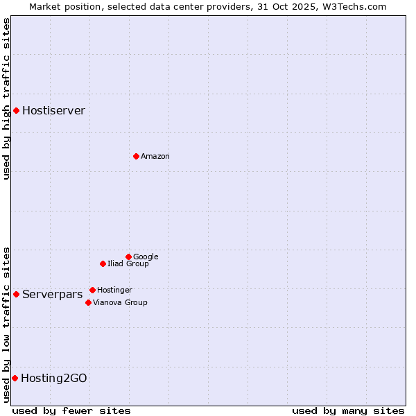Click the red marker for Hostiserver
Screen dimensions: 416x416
pos(16,110)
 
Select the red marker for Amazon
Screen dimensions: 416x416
pos(136,156)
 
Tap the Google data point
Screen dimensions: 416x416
pos(128,257)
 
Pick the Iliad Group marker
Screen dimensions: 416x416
pos(103,263)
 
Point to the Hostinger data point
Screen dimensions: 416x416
pos(92,290)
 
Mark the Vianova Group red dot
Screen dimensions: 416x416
pos(88,302)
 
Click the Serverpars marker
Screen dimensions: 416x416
pos(16,294)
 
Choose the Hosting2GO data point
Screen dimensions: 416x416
pos(15,378)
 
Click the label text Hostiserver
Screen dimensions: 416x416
pos(53,110)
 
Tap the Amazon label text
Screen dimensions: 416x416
pos(155,156)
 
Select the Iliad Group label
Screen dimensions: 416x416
pos(128,263)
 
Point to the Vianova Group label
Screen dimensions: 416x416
pos(120,302)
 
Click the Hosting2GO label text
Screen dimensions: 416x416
pos(54,378)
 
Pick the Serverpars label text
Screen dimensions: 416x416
pos(52,294)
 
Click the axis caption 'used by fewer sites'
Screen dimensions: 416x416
pos(71,410)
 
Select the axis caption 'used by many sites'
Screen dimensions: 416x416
pos(348,410)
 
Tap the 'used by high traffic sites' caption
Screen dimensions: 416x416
pos(6,98)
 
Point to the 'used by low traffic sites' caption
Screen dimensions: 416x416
pos(6,324)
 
